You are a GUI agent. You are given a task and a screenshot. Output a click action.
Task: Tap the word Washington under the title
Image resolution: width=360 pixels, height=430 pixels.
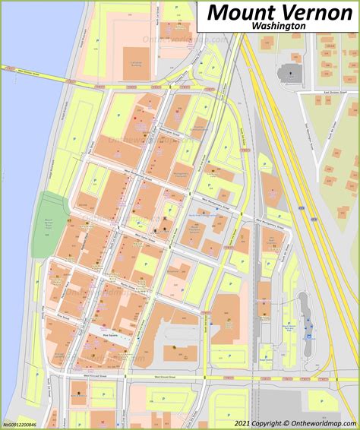click(x=280, y=26)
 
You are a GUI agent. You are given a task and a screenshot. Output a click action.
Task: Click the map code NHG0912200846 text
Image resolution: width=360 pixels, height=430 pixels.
click(x=23, y=425)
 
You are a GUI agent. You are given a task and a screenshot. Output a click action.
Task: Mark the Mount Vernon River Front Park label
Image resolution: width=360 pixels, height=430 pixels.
click(x=49, y=225)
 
